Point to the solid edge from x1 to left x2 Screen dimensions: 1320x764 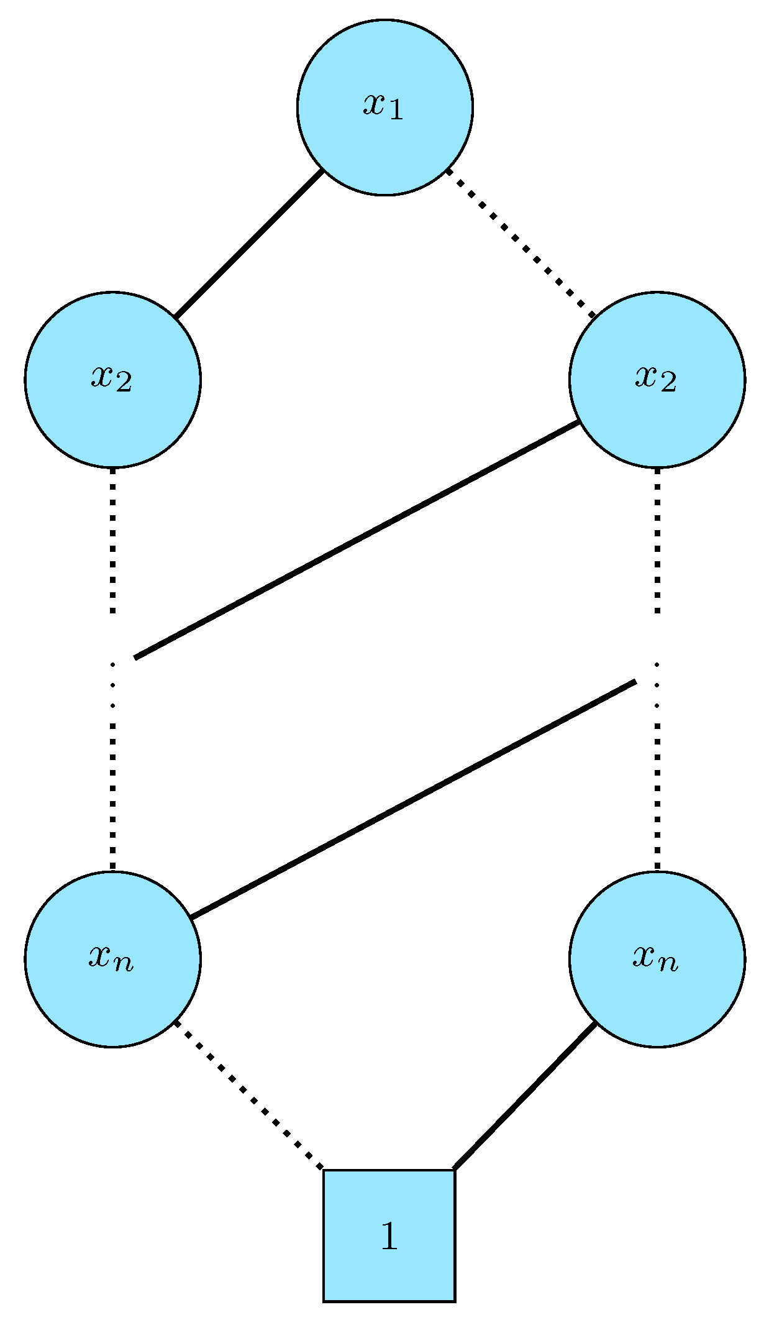tap(248, 244)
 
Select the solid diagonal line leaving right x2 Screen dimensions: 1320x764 tap(357, 539)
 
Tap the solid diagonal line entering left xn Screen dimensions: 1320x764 tap(413, 799)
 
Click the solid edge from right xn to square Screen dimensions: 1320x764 tap(525, 1096)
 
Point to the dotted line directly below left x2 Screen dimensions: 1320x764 tap(112, 541)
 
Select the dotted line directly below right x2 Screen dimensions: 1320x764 tap(657, 541)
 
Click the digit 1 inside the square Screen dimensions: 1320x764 tap(389, 1236)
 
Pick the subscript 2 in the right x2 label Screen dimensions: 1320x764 tap(668, 384)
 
